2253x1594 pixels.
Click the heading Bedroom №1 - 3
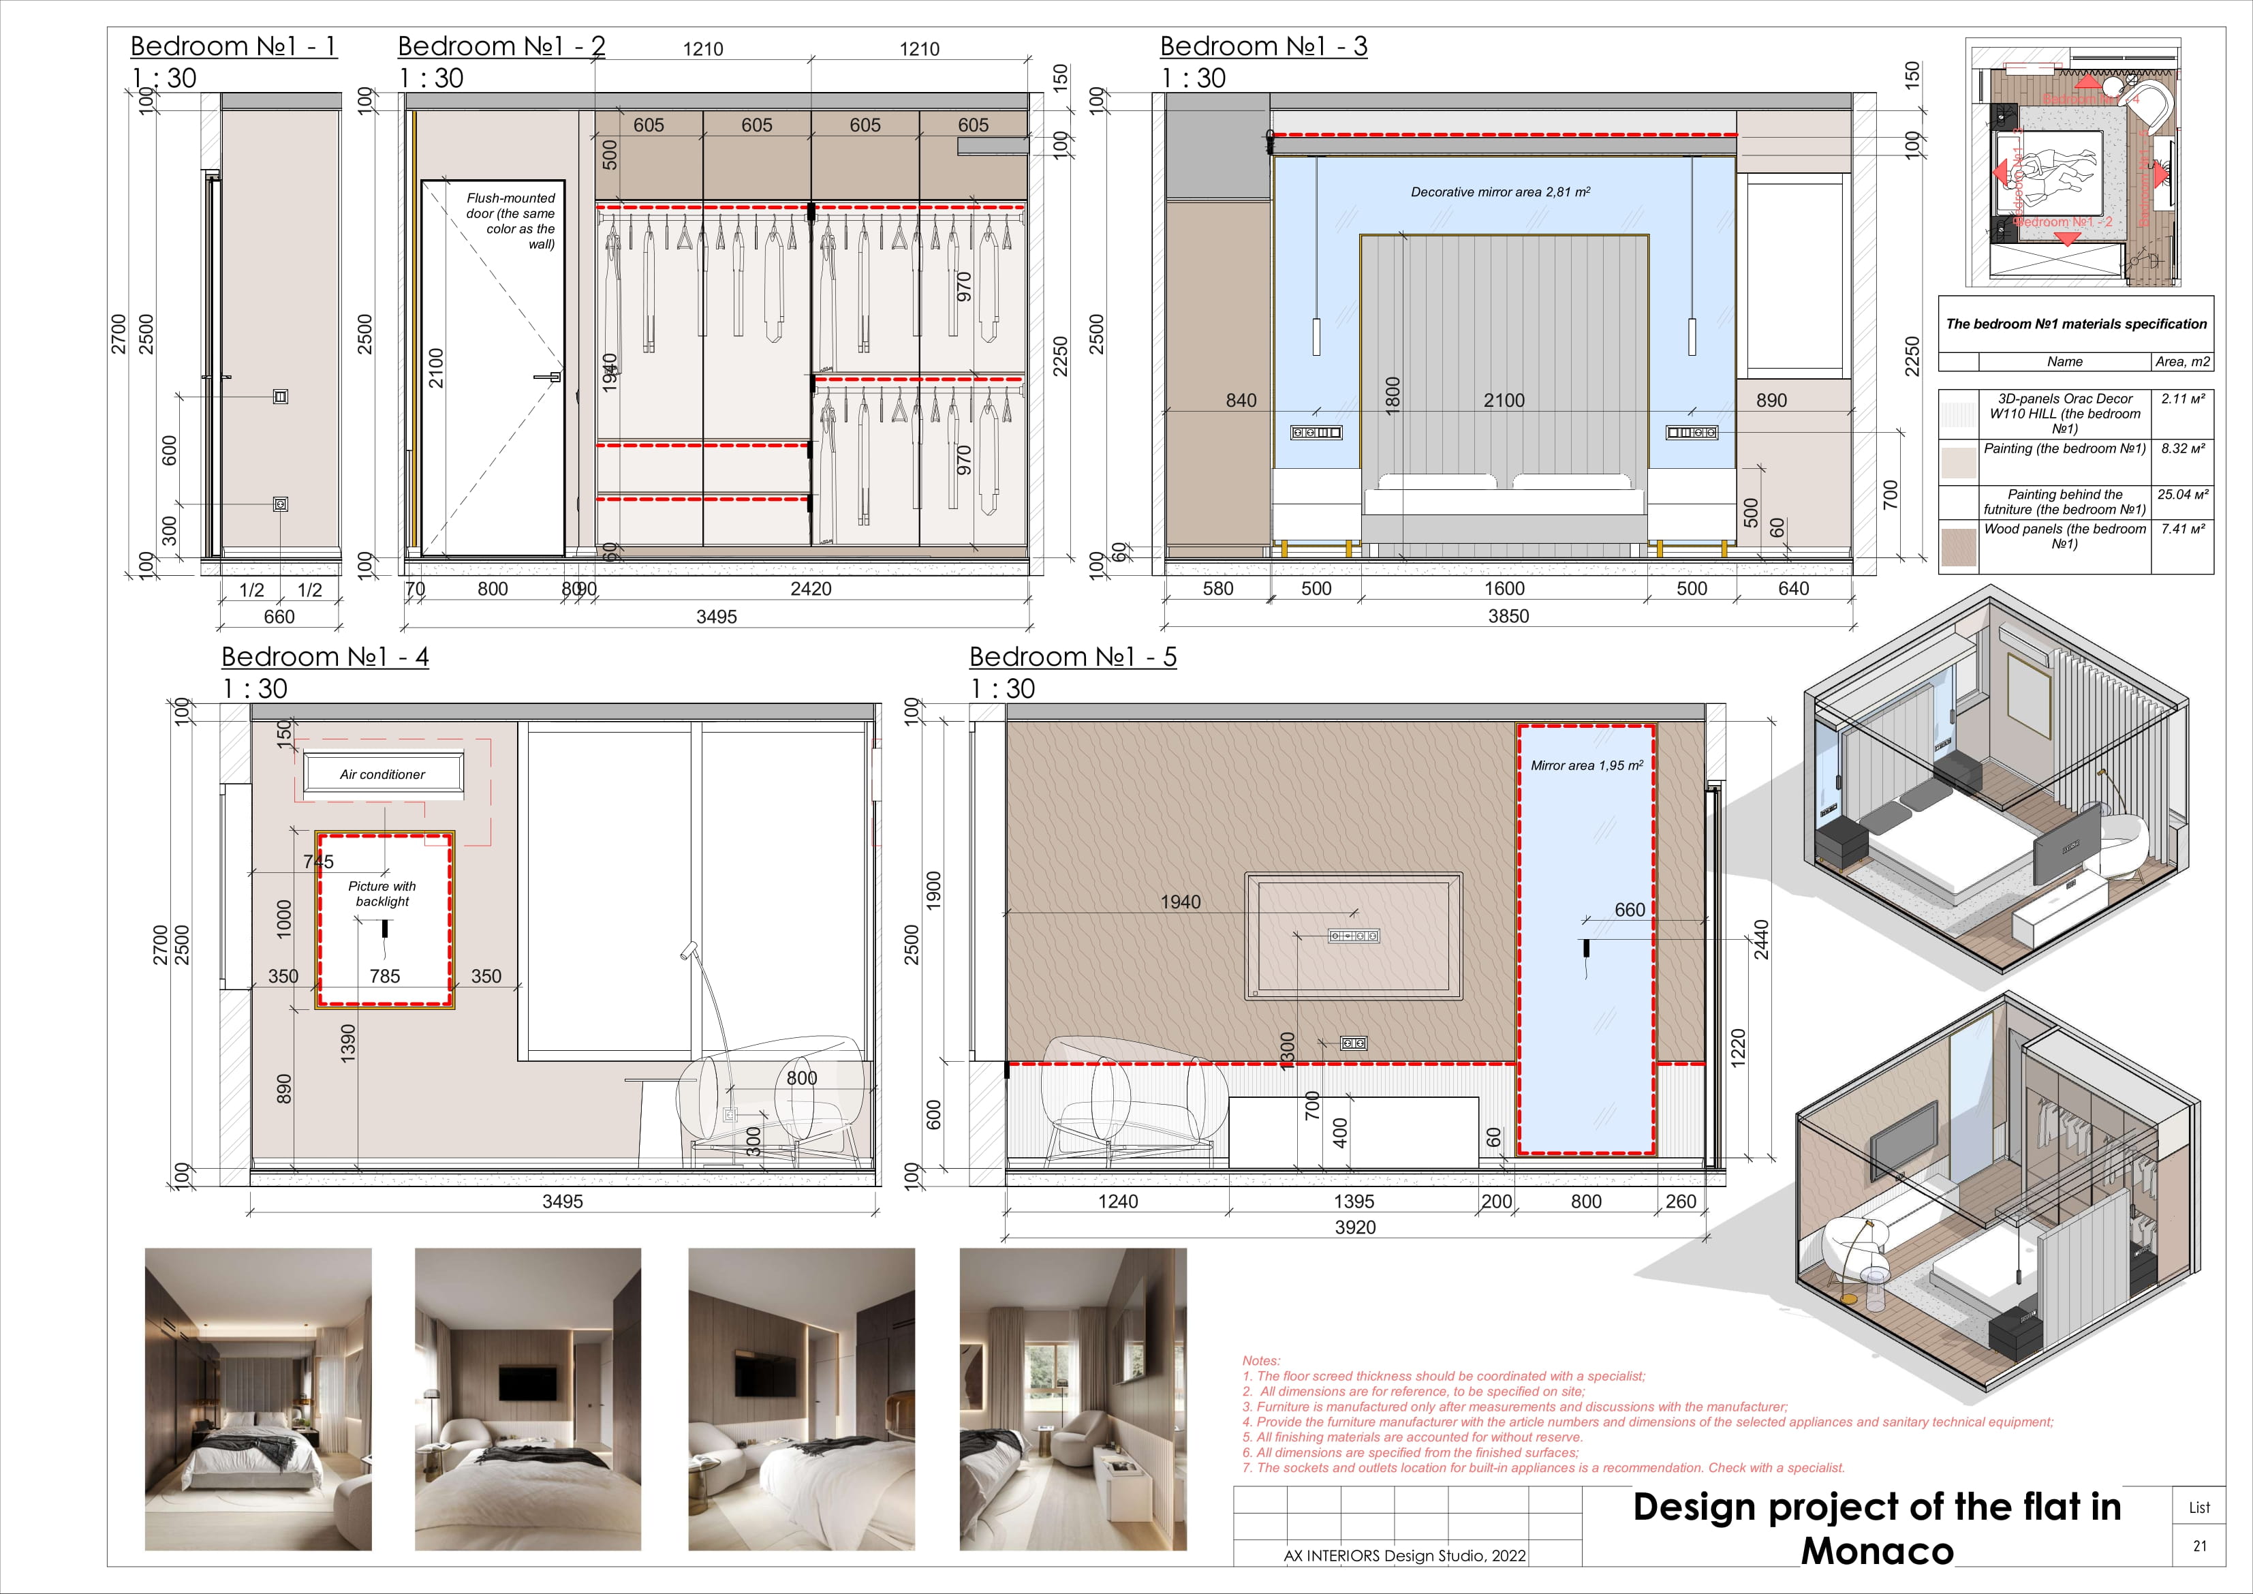(1263, 46)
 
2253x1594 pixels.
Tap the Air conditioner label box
(383, 774)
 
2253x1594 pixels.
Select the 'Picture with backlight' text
(383, 893)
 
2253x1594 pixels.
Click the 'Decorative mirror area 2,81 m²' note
(1500, 192)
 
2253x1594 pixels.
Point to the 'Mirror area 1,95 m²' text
(1586, 765)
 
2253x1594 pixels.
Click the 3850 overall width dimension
(1508, 616)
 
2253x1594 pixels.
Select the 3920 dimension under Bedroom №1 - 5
(1355, 1227)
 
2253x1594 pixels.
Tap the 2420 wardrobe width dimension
(811, 589)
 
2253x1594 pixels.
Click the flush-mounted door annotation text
(511, 221)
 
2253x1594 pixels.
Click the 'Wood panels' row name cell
(2064, 536)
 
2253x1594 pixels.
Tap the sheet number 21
(2199, 1546)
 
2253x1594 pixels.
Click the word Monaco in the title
(1876, 1552)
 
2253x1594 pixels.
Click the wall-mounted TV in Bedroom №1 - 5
(1353, 936)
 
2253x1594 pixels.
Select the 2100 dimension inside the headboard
(1504, 401)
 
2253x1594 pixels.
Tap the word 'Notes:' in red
(1261, 1360)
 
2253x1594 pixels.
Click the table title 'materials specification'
(2075, 324)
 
